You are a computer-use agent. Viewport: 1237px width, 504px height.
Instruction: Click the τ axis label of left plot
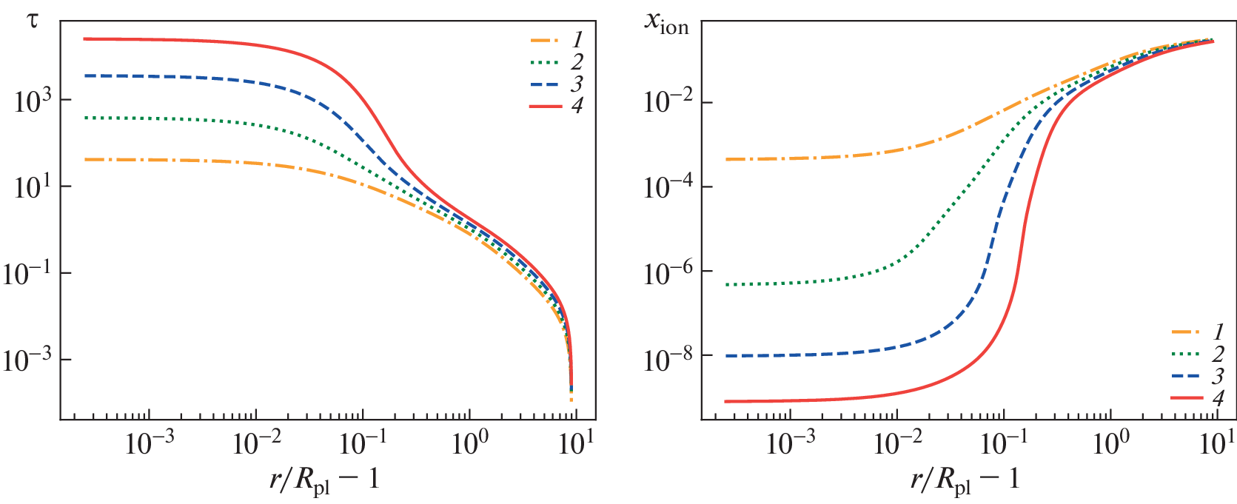(x=32, y=20)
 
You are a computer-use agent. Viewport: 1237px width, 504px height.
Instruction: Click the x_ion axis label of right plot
(x=666, y=23)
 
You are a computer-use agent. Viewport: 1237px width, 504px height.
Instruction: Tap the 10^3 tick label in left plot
(x=33, y=101)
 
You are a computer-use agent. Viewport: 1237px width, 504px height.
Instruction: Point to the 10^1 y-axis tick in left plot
(x=33, y=187)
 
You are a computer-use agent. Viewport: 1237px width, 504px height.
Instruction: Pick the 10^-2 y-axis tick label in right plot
(x=668, y=102)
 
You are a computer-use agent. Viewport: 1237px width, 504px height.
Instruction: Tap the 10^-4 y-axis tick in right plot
(x=668, y=187)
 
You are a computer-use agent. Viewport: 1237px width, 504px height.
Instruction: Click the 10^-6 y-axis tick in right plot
(x=668, y=272)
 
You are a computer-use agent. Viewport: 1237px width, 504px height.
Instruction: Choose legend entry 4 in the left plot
(x=557, y=107)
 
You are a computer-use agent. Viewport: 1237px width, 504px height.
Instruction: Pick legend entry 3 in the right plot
(x=1198, y=377)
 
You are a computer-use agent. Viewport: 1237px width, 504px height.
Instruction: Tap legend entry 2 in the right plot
(x=1198, y=355)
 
